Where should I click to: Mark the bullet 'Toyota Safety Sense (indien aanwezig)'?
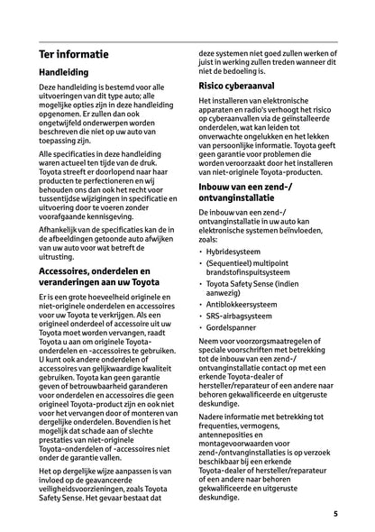click(x=261, y=289)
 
